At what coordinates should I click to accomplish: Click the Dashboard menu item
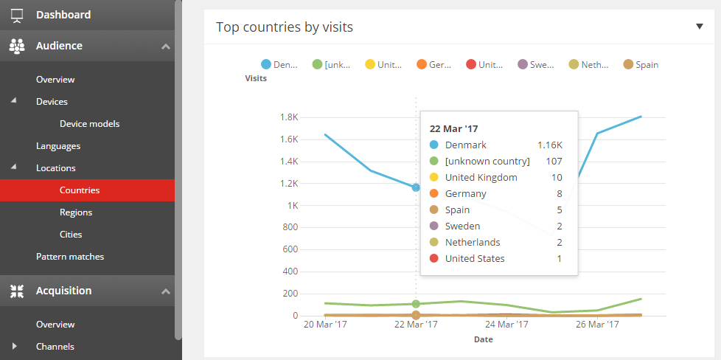(63, 15)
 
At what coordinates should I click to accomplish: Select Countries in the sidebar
(80, 190)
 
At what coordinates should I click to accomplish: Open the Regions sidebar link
(76, 212)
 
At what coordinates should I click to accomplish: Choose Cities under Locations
(71, 235)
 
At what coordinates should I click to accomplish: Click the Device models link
(89, 124)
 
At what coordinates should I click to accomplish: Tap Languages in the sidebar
(58, 146)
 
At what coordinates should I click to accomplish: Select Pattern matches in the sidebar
(70, 257)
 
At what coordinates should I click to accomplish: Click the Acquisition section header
(63, 291)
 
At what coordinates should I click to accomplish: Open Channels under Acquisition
(55, 347)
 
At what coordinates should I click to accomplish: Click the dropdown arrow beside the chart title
(700, 27)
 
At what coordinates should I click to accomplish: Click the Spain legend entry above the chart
(641, 65)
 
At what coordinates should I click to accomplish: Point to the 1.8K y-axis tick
(288, 117)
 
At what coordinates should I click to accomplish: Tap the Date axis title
(483, 340)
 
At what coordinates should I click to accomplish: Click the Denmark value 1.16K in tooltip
(550, 145)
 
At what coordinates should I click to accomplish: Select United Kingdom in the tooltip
(481, 178)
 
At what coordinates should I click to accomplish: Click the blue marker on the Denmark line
(416, 187)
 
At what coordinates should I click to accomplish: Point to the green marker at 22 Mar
(416, 304)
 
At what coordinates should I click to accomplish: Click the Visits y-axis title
(256, 78)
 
